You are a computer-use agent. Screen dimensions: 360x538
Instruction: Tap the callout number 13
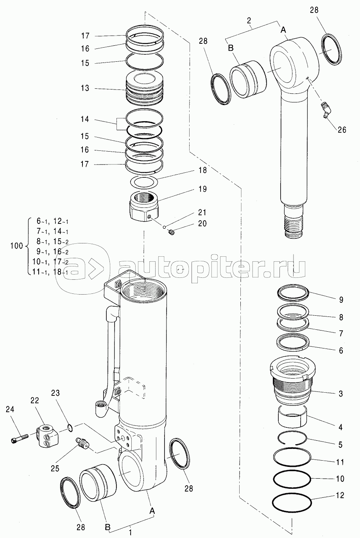[85, 88]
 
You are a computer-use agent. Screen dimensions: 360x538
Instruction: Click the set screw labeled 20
[171, 232]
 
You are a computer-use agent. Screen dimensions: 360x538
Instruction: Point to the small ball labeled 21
[164, 227]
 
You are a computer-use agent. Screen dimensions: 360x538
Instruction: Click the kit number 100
[16, 246]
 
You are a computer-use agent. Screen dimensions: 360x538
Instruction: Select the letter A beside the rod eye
[283, 30]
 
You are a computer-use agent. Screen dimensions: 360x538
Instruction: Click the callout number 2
[249, 20]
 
